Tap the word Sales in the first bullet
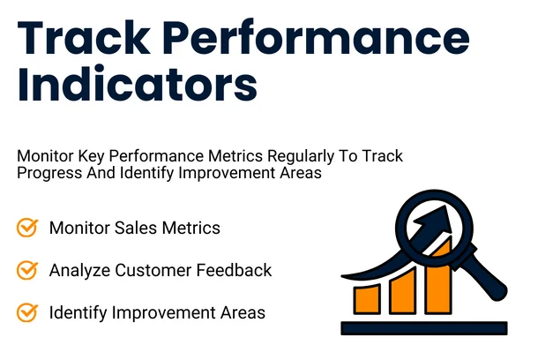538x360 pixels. pyautogui.click(x=133, y=228)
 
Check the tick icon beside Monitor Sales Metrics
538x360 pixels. pyautogui.click(x=27, y=228)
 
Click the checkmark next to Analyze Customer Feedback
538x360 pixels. pyautogui.click(x=27, y=270)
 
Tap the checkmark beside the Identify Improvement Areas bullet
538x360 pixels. pyautogui.click(x=27, y=311)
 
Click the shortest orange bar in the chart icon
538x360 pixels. pyautogui.click(x=368, y=299)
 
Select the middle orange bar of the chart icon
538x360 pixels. pyautogui.click(x=403, y=290)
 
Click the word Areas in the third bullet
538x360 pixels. pyautogui.click(x=244, y=311)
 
